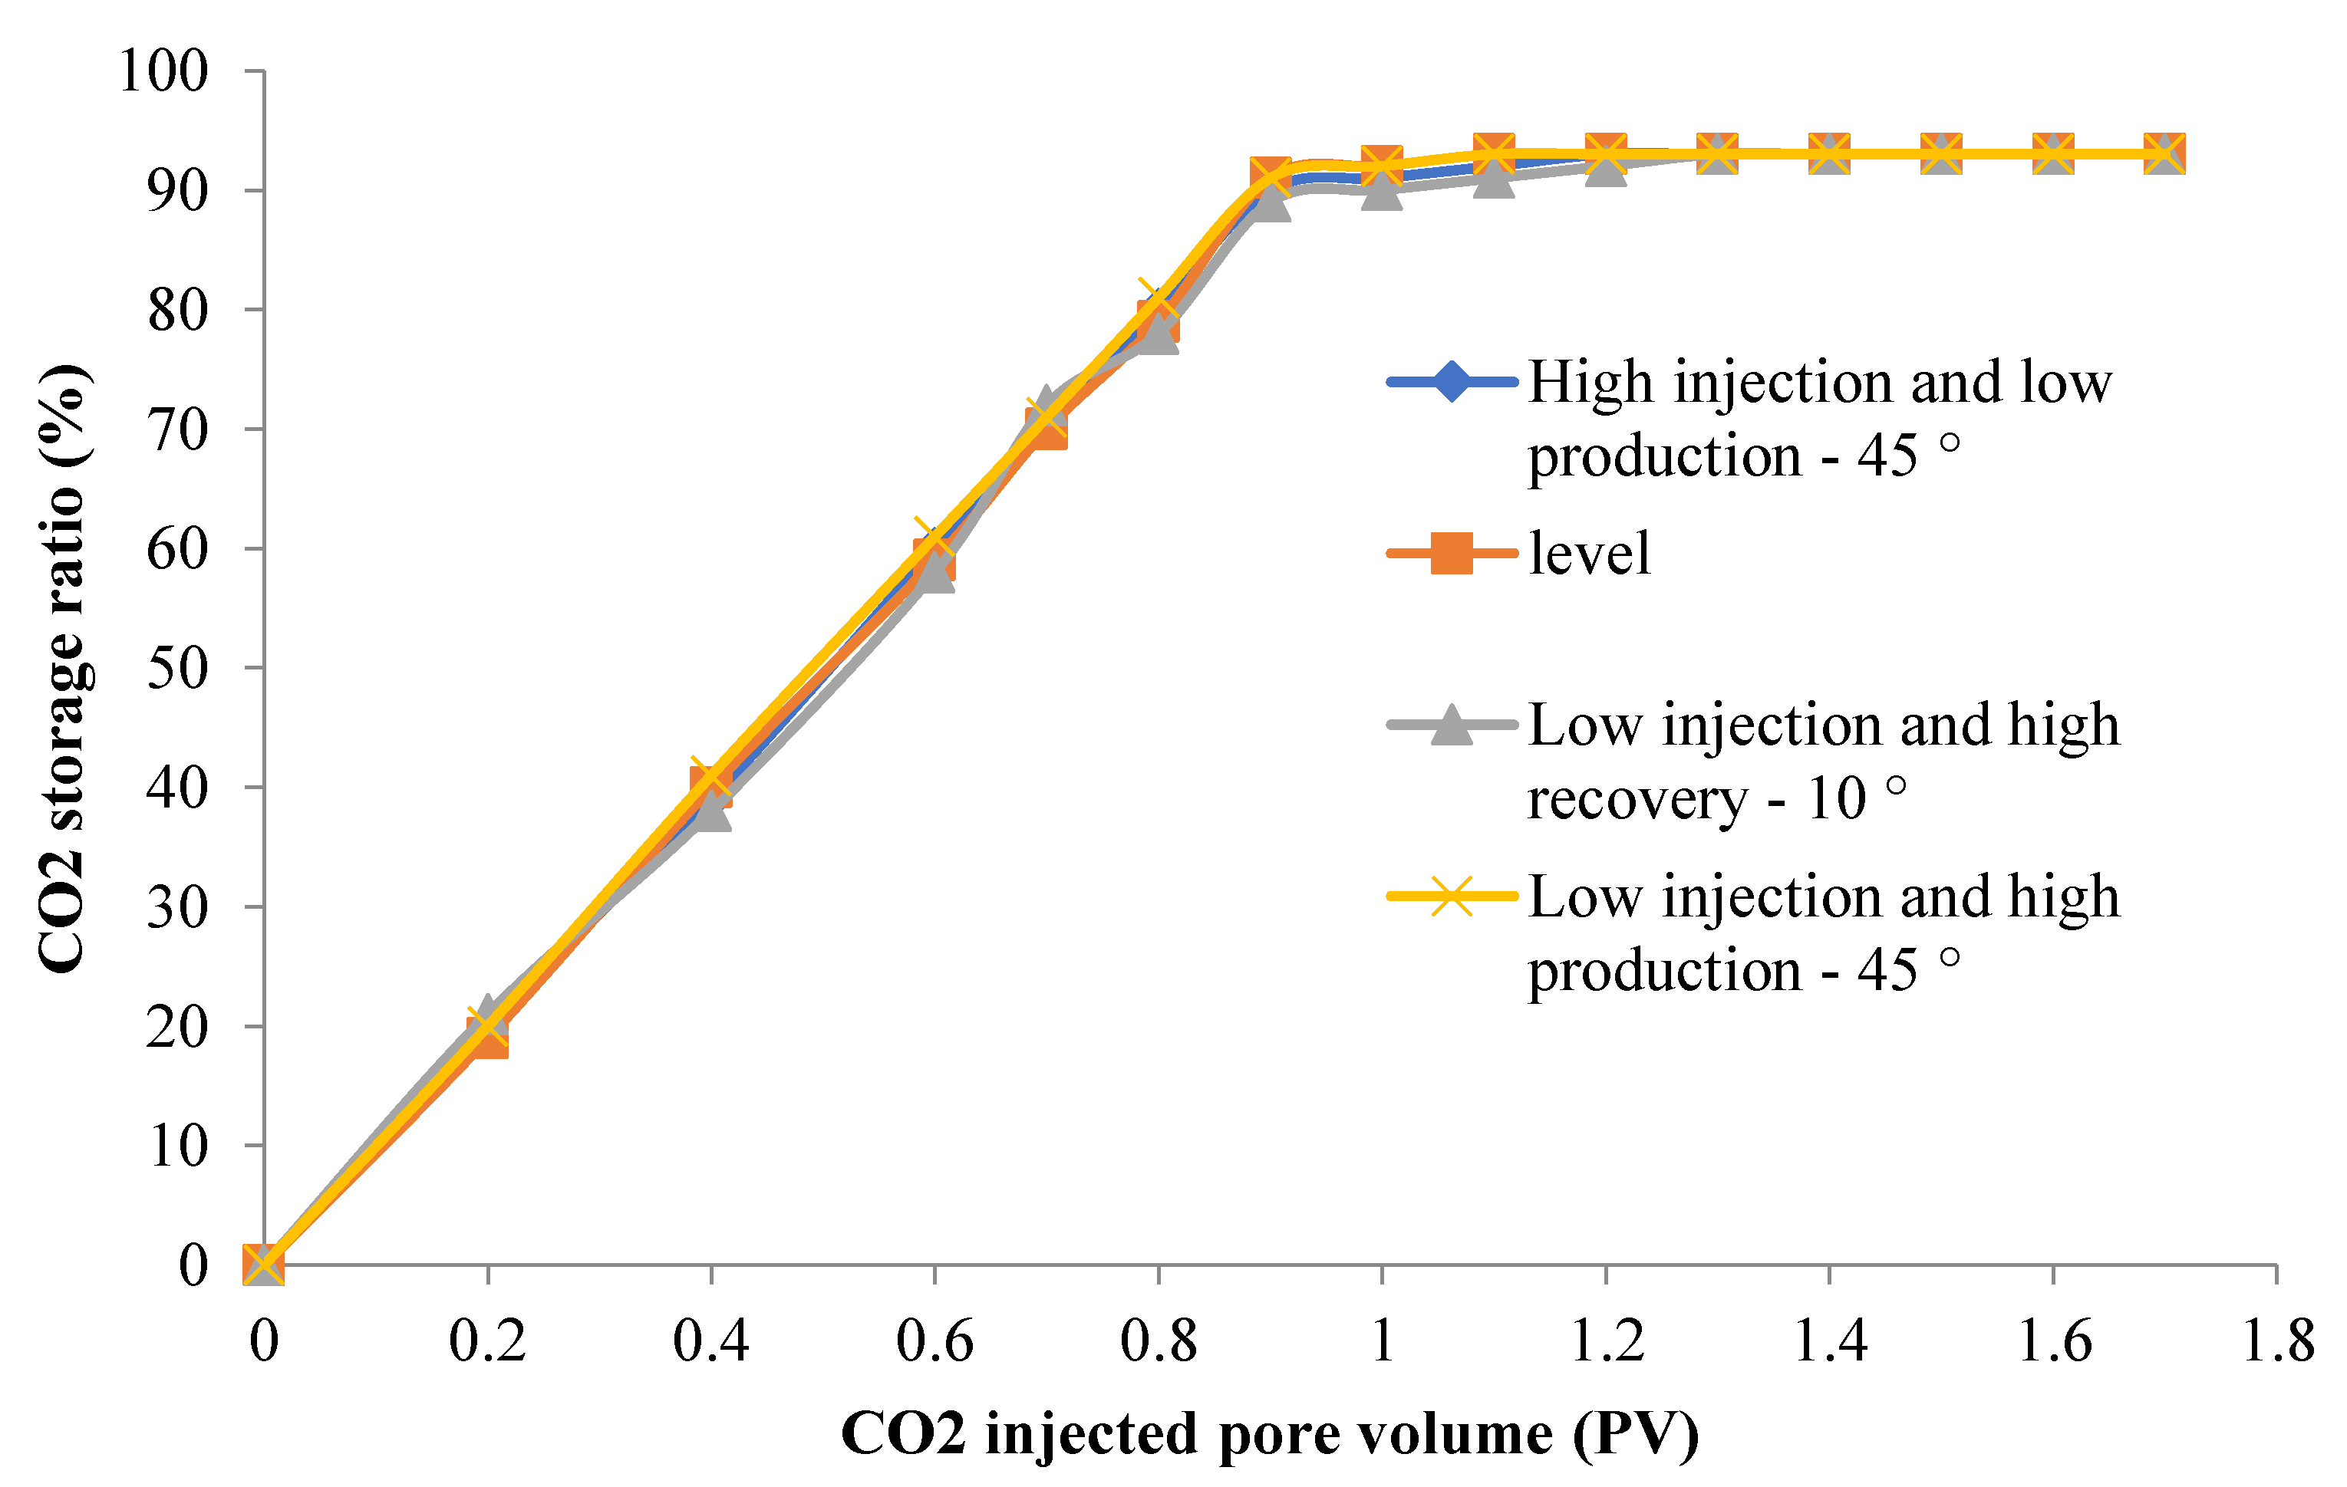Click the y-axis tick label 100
(x=163, y=71)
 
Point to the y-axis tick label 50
(x=177, y=669)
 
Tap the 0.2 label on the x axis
(x=487, y=1341)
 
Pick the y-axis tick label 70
(x=177, y=429)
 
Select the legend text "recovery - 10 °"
(x=1716, y=799)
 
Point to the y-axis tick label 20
(x=177, y=1027)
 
